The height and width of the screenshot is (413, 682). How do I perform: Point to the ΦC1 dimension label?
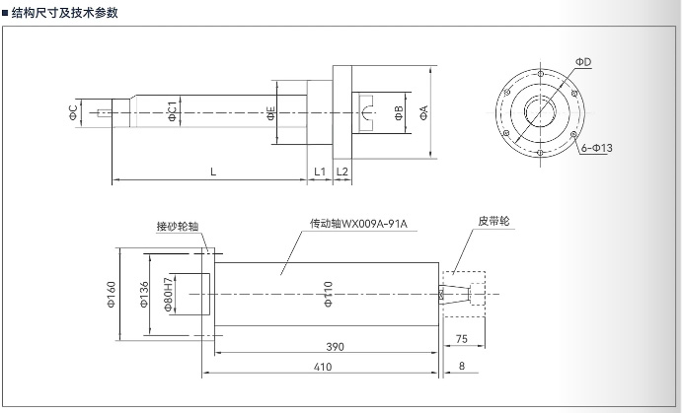pos(172,112)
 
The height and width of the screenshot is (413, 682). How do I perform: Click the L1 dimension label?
pos(320,172)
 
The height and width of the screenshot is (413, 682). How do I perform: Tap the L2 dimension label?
pos(342,172)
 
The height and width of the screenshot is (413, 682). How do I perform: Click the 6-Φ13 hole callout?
pos(596,148)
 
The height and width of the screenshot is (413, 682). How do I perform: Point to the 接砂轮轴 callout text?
pos(178,226)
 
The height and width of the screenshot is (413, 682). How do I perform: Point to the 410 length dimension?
pos(323,367)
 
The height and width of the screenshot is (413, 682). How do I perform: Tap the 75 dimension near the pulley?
pos(462,338)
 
